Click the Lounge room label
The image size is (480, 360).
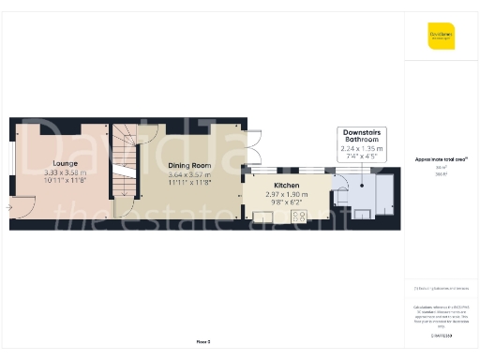point(65,163)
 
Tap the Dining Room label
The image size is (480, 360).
point(189,165)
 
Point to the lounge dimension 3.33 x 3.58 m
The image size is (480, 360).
point(65,172)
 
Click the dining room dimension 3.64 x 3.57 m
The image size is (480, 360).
point(189,174)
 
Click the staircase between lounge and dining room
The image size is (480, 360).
point(125,165)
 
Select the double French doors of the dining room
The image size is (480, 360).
point(252,150)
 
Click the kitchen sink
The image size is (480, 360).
point(266,217)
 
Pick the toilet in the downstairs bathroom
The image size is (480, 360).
point(342,186)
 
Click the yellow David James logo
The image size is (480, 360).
point(441,36)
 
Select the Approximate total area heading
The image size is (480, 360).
point(441,158)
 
